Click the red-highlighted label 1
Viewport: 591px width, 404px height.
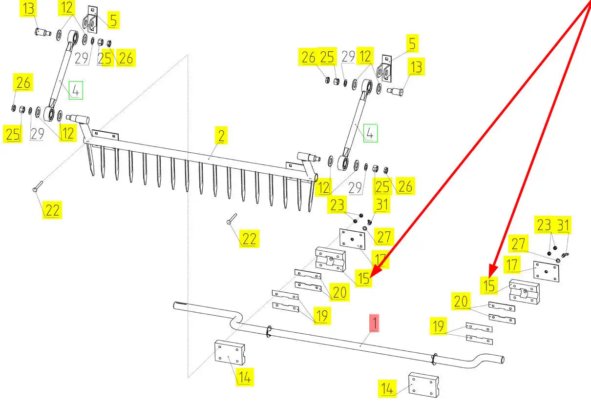[374, 323]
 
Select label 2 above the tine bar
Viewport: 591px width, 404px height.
[221, 136]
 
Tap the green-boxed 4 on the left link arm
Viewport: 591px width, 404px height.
[75, 91]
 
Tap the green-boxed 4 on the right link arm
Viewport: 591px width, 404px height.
[370, 133]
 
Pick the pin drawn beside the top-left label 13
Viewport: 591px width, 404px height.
[43, 33]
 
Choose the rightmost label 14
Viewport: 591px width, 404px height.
[387, 389]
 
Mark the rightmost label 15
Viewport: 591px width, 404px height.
[489, 285]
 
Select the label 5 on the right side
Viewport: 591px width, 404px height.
[413, 43]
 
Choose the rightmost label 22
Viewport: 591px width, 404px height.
[249, 239]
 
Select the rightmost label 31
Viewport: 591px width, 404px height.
[564, 225]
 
